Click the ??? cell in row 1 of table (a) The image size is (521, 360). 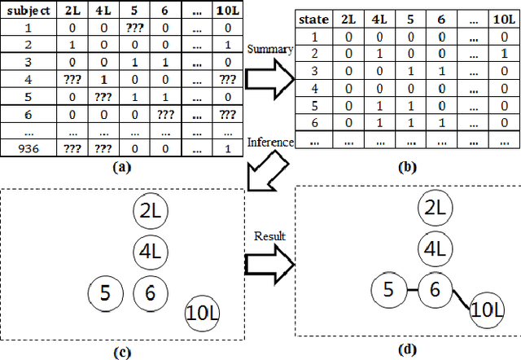134,29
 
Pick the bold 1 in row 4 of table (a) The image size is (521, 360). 104,80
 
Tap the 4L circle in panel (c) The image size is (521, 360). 150,249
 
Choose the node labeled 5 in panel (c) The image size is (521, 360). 104,291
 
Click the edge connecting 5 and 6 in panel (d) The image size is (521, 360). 412,290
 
